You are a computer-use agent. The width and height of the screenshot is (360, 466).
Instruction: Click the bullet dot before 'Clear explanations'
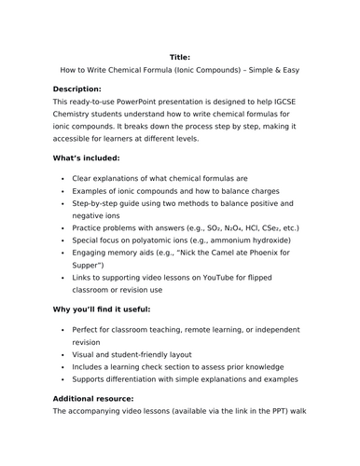(x=62, y=178)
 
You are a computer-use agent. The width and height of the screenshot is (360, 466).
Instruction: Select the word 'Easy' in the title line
(x=294, y=71)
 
